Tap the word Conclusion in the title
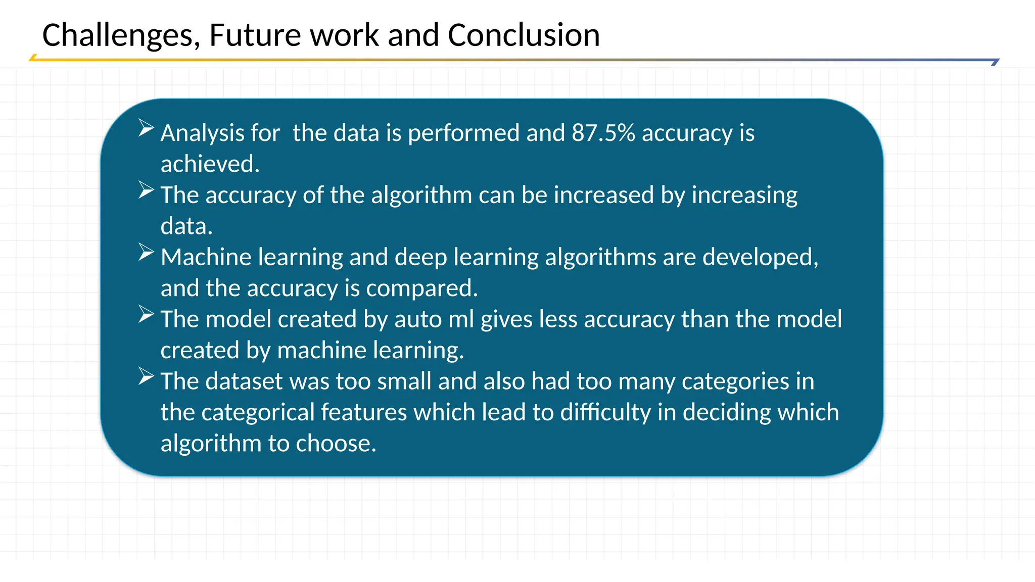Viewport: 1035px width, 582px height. point(524,35)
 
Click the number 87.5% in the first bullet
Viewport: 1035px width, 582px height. point(603,133)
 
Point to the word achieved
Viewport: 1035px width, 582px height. point(210,164)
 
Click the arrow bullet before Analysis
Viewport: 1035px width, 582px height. point(146,128)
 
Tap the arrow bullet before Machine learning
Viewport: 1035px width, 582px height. point(146,252)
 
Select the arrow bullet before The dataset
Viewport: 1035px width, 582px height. point(146,376)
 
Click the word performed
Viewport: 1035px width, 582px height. point(463,133)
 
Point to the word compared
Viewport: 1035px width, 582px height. point(421,288)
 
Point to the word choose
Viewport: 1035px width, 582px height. point(336,444)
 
